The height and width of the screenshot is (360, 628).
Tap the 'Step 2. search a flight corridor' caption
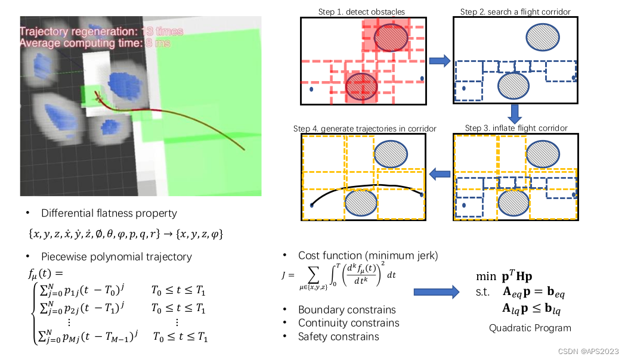click(x=515, y=12)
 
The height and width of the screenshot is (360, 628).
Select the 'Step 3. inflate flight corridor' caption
click(x=516, y=128)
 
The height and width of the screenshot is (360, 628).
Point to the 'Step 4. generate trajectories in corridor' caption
click(x=364, y=129)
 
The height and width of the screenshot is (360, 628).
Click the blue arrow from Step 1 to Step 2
click(x=440, y=60)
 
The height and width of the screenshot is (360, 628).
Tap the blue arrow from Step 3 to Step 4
click(x=440, y=174)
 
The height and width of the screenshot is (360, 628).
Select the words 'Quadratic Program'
click(x=530, y=328)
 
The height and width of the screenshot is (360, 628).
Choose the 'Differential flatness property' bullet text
click(x=109, y=213)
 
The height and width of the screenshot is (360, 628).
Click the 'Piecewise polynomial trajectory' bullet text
click(x=116, y=257)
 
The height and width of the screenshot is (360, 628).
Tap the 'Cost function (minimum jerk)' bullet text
click(x=368, y=256)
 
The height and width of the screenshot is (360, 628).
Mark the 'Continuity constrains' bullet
click(x=348, y=323)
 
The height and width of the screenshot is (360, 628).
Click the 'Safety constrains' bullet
click(x=338, y=337)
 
